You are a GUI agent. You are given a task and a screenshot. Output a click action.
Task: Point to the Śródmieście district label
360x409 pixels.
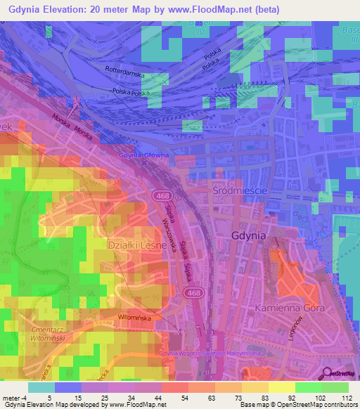(240, 190)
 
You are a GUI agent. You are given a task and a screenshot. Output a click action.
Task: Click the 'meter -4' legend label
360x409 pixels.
(14, 396)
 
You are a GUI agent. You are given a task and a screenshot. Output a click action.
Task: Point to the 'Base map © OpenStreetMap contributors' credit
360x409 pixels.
(298, 405)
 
